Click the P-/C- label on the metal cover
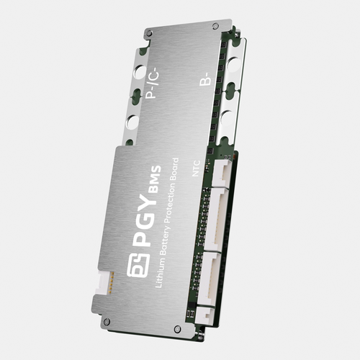click(x=153, y=83)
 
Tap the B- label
click(x=206, y=80)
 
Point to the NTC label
click(x=196, y=168)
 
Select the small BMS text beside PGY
click(x=155, y=179)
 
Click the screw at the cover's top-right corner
click(x=215, y=25)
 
